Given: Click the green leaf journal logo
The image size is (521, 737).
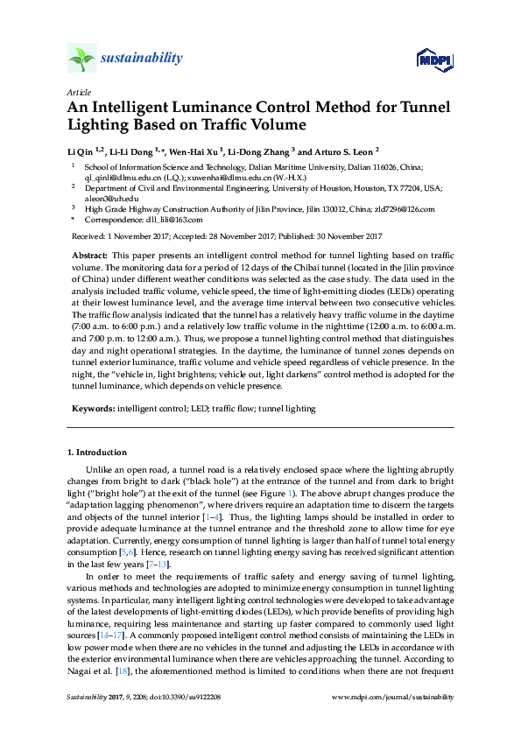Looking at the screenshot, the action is tap(81, 60).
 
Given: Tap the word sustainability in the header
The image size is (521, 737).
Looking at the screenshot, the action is tap(141, 59).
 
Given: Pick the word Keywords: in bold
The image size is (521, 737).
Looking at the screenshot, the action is tap(92, 408).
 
